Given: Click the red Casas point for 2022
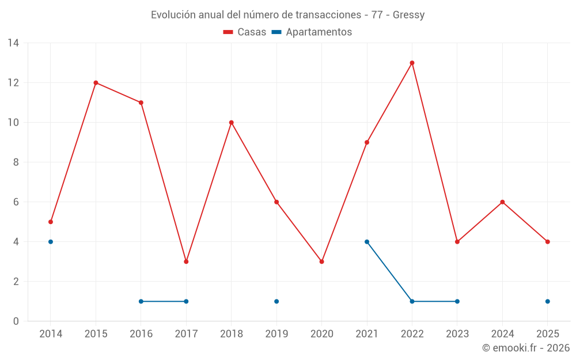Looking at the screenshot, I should [412, 63].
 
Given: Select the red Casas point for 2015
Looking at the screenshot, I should [96, 82].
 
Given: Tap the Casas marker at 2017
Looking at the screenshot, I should [186, 262].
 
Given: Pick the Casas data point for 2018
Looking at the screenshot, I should [232, 122].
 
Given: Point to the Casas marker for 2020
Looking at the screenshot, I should [321, 262].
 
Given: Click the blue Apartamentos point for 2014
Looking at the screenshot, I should [51, 242].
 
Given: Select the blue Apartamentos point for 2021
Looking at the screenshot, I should [367, 242].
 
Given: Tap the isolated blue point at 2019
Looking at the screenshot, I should [276, 301].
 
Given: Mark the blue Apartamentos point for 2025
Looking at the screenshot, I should [547, 301].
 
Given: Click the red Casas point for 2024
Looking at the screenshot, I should [502, 202].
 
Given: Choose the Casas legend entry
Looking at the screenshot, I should [245, 32].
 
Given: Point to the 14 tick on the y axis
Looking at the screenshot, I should [13, 43].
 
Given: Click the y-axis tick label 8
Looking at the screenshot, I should [16, 162].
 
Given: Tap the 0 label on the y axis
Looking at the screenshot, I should [16, 321].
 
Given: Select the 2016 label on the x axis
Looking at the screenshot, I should [141, 334].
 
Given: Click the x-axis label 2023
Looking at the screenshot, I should [457, 334].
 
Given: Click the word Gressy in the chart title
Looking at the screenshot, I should [408, 15].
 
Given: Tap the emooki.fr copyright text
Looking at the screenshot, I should [525, 348].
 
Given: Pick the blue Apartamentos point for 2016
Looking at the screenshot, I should [141, 301].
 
